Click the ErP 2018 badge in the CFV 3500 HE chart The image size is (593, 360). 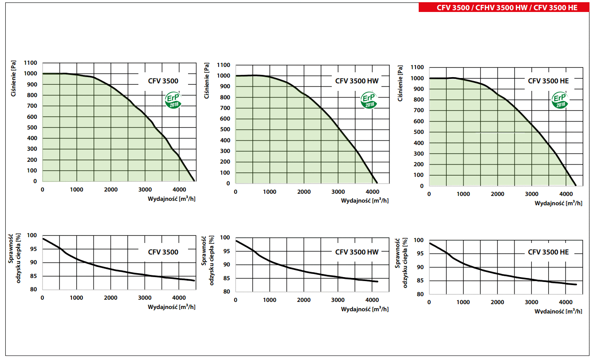coord(560,100)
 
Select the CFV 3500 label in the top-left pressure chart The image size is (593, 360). coord(163,81)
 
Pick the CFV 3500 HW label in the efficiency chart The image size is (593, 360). coord(357,252)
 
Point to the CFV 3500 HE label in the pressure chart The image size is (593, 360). coord(548,81)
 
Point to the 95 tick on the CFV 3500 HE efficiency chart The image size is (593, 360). coord(420,254)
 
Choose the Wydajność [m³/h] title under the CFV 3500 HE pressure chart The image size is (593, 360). coord(558,203)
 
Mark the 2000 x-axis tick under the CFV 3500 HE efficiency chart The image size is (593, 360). coord(497,302)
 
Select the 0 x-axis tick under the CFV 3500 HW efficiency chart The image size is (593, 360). coord(236,300)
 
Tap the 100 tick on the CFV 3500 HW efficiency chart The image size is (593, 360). coord(226,238)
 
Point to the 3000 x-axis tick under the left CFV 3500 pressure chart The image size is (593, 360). coord(145,190)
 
